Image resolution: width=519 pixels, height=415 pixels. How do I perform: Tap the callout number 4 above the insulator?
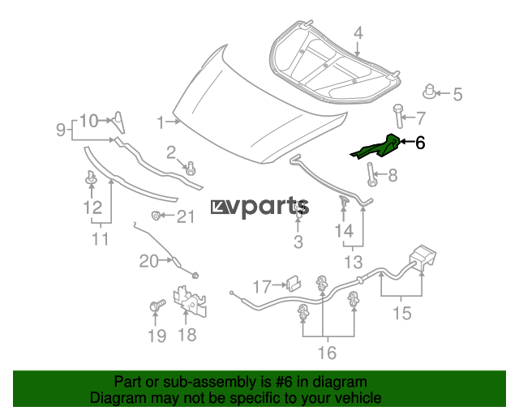point(358,33)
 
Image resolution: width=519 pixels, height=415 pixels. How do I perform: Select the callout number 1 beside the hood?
point(161,122)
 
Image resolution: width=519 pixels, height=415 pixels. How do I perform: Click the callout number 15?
point(402,312)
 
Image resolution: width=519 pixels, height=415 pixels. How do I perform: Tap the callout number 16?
point(326,353)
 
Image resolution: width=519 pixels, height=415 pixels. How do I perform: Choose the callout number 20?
point(148,260)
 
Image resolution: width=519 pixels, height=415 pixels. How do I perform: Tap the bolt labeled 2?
point(191,169)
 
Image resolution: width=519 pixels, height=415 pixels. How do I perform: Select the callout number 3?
point(298,242)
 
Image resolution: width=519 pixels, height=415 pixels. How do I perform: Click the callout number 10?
point(88,121)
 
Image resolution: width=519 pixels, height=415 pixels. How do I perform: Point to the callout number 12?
point(92,207)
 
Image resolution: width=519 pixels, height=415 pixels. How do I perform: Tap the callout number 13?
point(354,261)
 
